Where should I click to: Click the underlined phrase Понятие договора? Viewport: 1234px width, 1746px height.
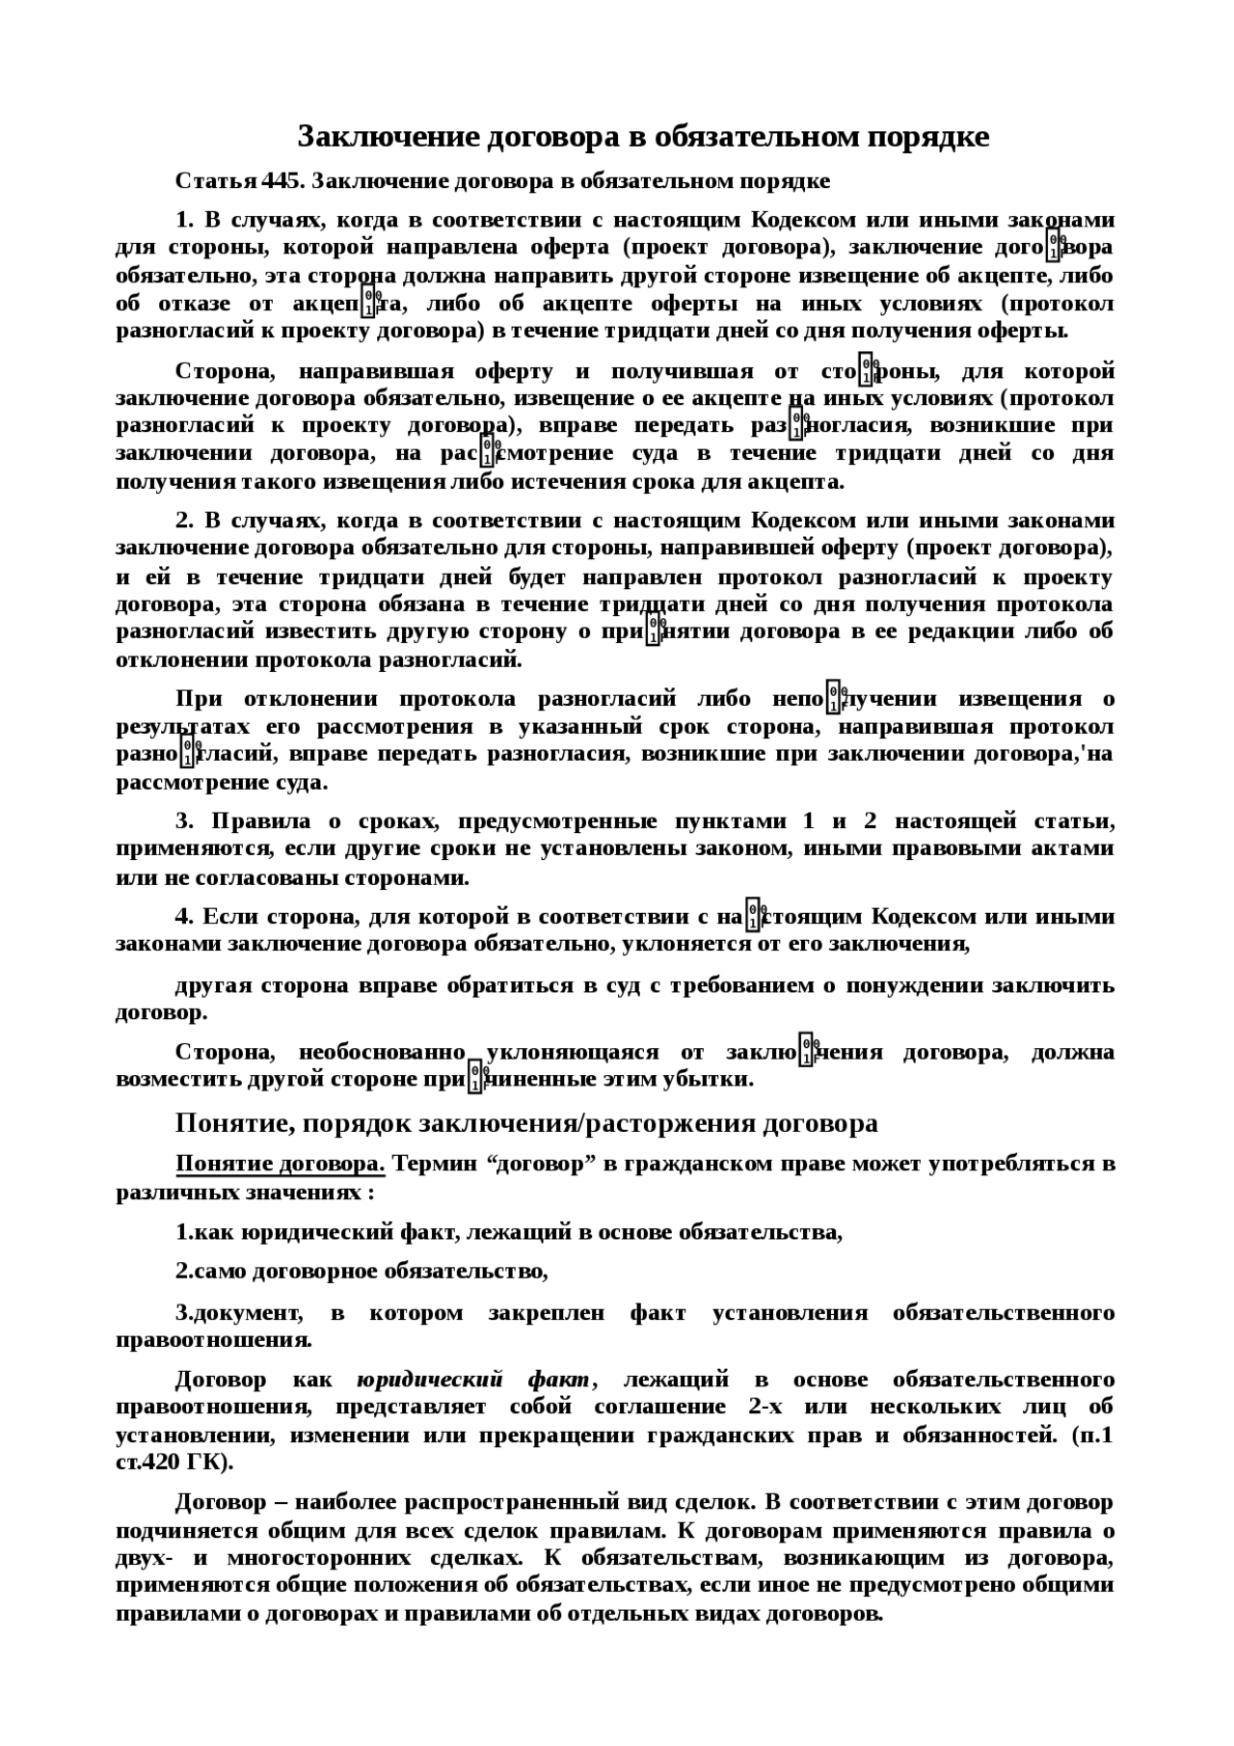tap(280, 1164)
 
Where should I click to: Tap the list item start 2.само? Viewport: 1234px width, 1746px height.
tap(211, 1271)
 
